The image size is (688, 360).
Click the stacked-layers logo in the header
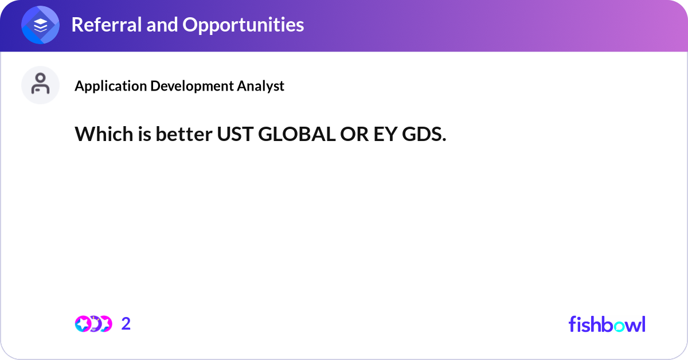(41, 25)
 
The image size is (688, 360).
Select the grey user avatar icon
(41, 85)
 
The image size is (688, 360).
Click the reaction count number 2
(126, 324)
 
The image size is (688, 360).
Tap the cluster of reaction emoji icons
(93, 324)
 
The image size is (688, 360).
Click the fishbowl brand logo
(607, 324)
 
